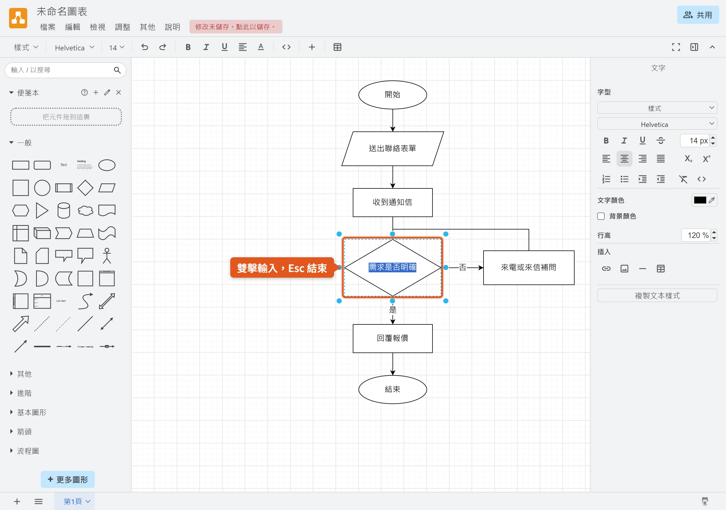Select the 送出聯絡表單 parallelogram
pos(392,148)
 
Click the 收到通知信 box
pos(392,203)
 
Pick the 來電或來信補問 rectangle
pos(528,268)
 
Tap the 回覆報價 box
pos(392,338)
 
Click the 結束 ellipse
pos(392,389)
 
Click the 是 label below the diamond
pos(392,310)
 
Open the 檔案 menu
pos(48,27)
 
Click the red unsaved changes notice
pos(236,27)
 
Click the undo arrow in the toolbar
pos(145,47)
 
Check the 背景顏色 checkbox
pos(601,216)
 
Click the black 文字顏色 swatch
pos(700,200)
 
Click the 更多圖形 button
pos(68,479)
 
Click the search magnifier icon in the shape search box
pos(117,70)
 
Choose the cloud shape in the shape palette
pos(85,211)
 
